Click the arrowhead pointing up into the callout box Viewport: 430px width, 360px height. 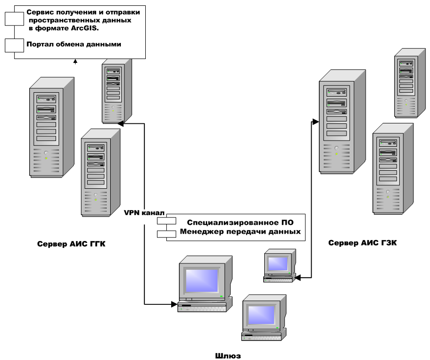click(75, 61)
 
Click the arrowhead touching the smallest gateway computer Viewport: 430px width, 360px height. click(299, 278)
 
